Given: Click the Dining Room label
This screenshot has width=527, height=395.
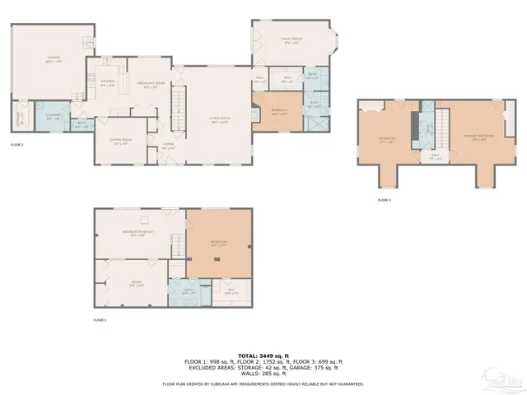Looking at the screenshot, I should point(121,141).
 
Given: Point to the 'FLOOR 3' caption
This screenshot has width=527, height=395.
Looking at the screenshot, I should point(385,200).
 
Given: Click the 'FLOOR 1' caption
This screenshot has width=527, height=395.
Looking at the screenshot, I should point(100,319).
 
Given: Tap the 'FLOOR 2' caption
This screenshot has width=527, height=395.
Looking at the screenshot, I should point(17,144).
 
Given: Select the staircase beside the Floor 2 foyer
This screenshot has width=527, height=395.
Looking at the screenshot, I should point(175,107).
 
